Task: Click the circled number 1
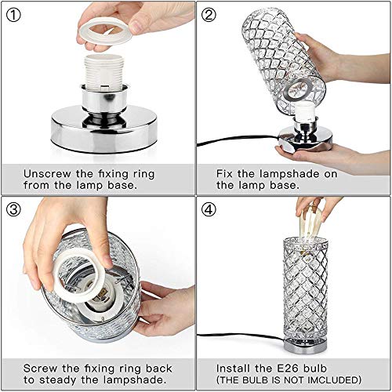click(15, 15)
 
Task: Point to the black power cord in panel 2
click(227, 143)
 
